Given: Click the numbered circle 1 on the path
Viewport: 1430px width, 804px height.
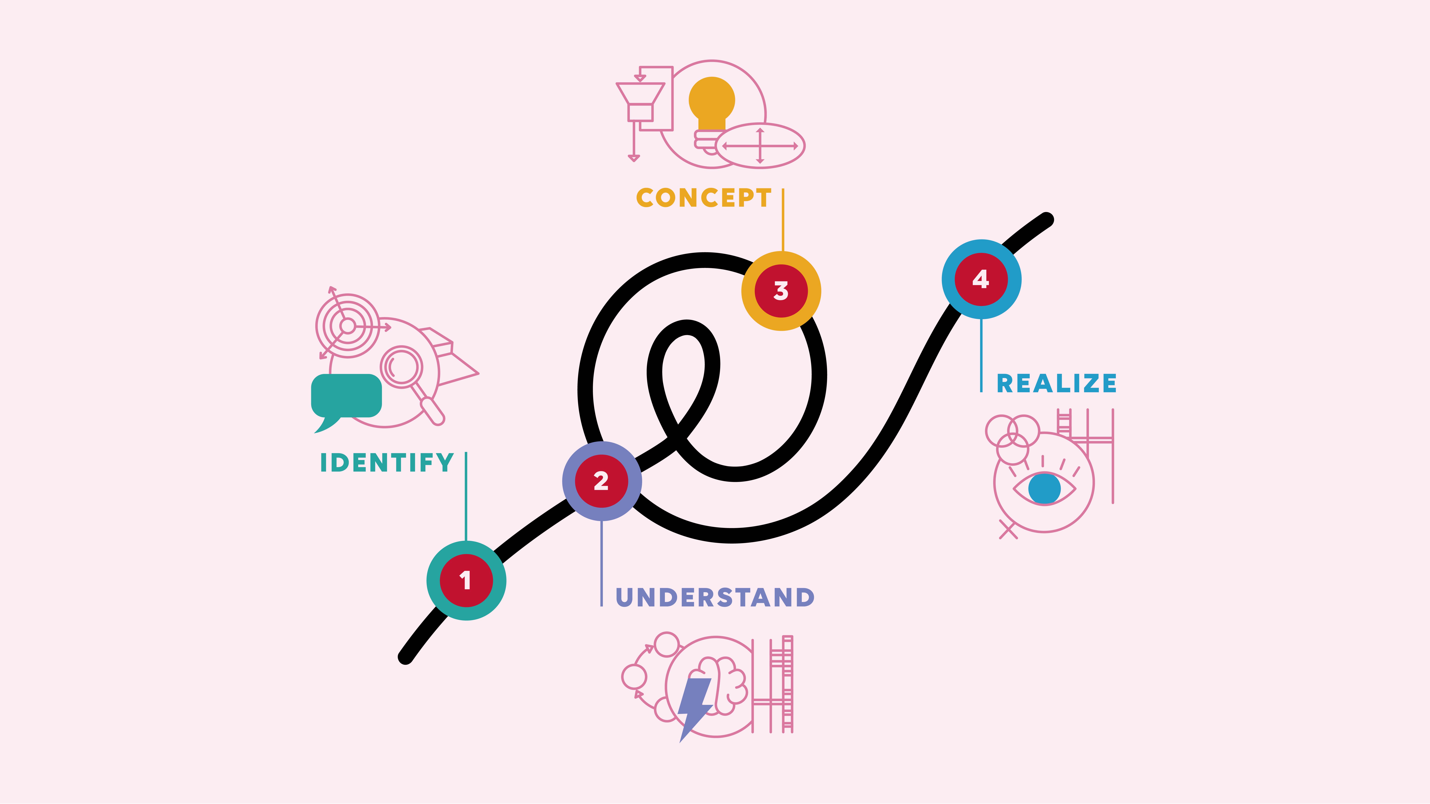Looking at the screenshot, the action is pos(466,580).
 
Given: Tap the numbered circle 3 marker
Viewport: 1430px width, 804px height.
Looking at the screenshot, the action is pos(781,291).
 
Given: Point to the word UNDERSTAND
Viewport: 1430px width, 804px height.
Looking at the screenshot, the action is pos(715,597).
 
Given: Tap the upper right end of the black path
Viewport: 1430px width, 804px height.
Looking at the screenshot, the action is pos(1046,220).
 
